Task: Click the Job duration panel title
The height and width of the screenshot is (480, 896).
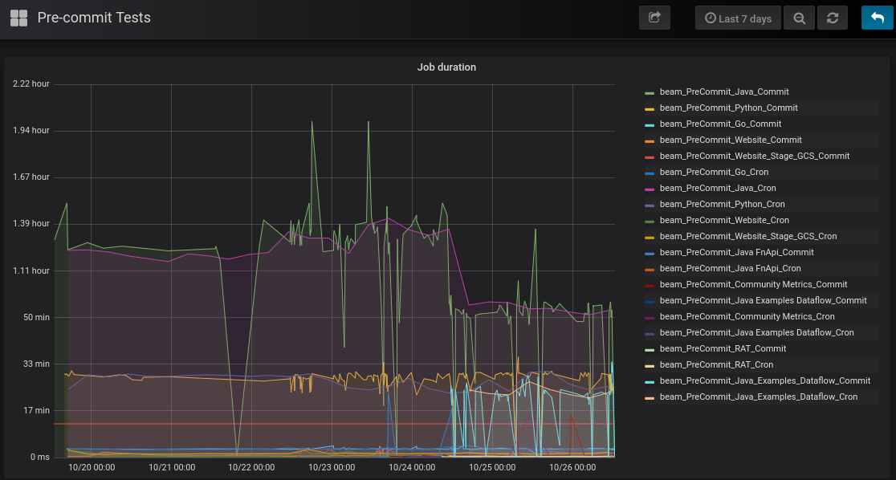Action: click(x=446, y=67)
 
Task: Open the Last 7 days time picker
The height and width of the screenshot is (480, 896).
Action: click(x=738, y=18)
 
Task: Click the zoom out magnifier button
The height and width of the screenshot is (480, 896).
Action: click(x=800, y=18)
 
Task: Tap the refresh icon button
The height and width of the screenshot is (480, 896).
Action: click(x=833, y=18)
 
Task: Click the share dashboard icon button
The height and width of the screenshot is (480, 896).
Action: click(x=654, y=18)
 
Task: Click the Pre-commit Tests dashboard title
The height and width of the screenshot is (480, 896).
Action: click(x=94, y=18)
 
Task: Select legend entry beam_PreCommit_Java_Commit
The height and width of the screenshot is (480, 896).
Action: click(x=724, y=92)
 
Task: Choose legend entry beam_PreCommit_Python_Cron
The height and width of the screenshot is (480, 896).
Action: click(x=723, y=204)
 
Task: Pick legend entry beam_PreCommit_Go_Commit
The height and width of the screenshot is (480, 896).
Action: click(x=720, y=124)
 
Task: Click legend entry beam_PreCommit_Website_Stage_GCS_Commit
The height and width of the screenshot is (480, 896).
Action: click(x=754, y=156)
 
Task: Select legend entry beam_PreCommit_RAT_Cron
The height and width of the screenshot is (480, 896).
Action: click(x=717, y=364)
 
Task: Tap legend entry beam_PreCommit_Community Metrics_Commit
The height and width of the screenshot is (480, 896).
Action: click(x=753, y=284)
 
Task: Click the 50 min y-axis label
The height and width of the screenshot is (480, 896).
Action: click(x=37, y=317)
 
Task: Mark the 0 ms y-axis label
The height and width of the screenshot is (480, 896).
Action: click(x=40, y=457)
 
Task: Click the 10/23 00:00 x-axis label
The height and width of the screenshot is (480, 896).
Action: click(x=332, y=467)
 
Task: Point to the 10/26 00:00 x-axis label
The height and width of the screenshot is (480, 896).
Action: click(x=572, y=467)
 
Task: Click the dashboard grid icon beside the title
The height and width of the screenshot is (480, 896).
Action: click(x=18, y=18)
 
